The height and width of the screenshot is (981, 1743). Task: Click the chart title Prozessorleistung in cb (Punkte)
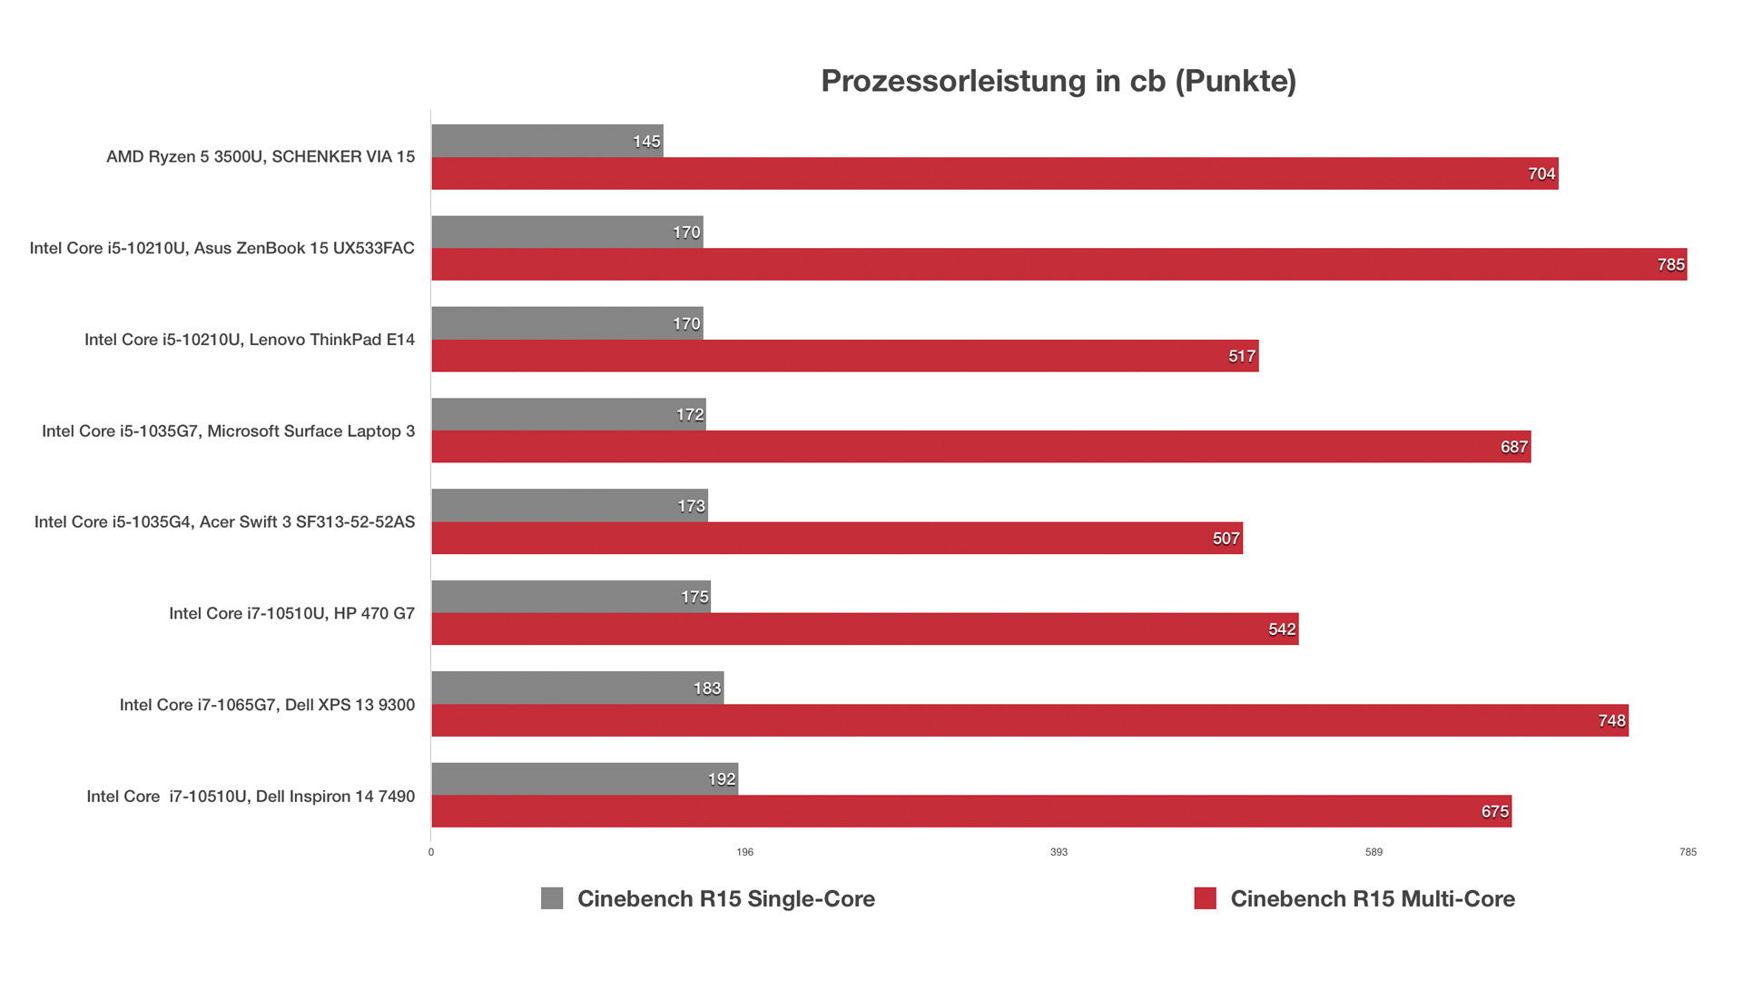tap(1059, 81)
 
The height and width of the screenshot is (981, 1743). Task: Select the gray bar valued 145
tap(547, 141)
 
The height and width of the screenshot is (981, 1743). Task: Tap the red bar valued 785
tap(1059, 264)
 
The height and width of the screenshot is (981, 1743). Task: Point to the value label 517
tap(1242, 356)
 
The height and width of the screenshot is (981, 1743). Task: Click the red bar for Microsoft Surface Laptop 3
tap(980, 447)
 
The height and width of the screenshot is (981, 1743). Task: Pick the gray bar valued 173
tap(569, 506)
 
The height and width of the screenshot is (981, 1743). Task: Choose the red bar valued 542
tap(864, 629)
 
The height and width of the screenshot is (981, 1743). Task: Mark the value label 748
tap(1611, 720)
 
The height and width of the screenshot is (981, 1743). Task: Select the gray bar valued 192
tap(585, 779)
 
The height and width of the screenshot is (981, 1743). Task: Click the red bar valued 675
tap(971, 811)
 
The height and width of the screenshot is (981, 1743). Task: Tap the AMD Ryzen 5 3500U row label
tap(261, 156)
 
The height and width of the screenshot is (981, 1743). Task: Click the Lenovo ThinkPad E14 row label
tap(250, 340)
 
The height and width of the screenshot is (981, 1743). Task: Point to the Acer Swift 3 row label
tap(224, 522)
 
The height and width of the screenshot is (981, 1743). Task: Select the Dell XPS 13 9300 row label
tap(267, 705)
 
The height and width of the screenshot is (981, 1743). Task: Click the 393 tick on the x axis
tap(1059, 852)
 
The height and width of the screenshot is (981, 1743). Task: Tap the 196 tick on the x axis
tap(744, 852)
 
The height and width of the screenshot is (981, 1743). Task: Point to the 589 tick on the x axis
tap(1374, 852)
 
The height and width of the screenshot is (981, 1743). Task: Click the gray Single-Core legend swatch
tap(552, 898)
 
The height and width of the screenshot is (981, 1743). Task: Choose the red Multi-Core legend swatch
tap(1205, 898)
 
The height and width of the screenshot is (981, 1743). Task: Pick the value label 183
tap(706, 689)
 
